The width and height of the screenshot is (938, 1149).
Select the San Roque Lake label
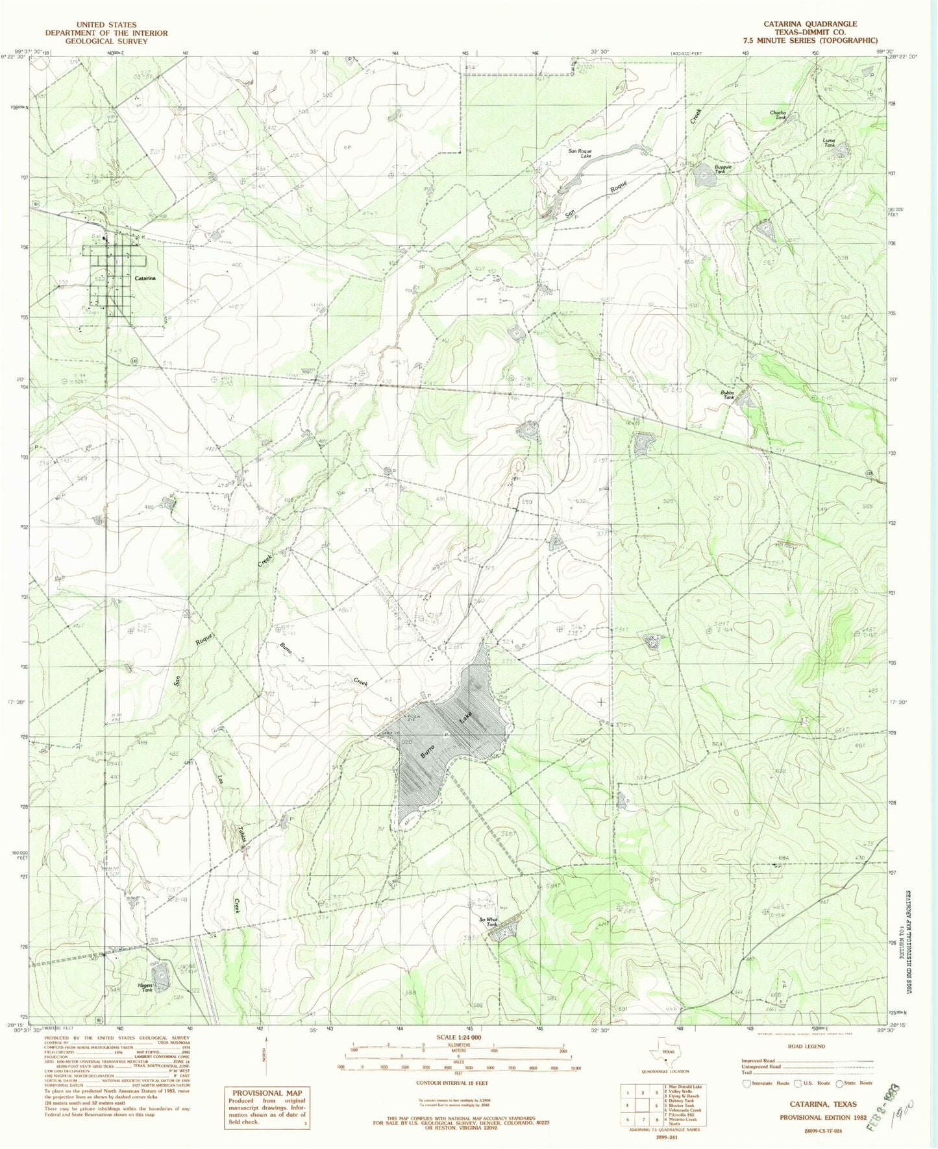tap(580, 154)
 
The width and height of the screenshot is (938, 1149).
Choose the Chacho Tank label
tap(778, 115)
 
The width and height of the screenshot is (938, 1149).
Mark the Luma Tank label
tap(828, 143)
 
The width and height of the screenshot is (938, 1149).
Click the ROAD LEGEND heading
tap(806, 1046)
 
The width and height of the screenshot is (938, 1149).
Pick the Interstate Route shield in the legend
tap(747, 1083)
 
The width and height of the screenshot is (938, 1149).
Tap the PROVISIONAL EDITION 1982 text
tap(818, 1118)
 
